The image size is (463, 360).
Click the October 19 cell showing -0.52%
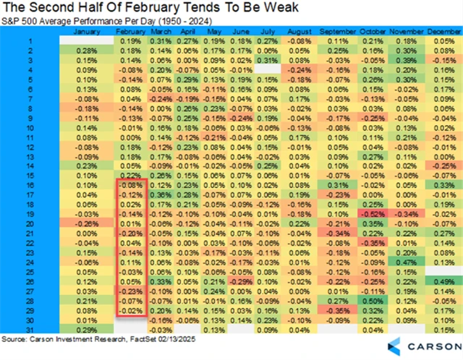[374, 215]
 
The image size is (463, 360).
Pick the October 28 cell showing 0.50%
[374, 301]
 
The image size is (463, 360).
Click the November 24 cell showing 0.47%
[407, 262]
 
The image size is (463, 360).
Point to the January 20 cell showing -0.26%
[86, 224]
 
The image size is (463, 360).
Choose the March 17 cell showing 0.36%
[162, 195]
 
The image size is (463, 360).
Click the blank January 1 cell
[86, 42]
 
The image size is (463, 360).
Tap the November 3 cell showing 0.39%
[407, 61]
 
